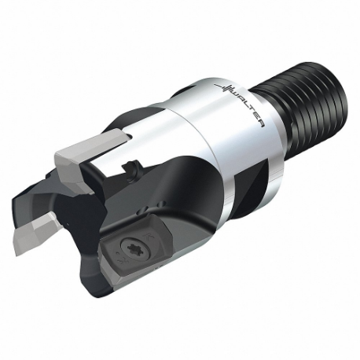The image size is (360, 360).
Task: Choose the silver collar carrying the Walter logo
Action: click(212, 141)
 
